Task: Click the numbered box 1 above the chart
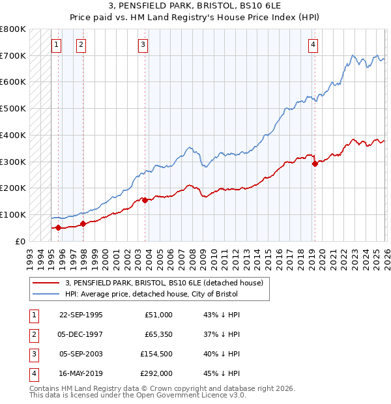[56, 45]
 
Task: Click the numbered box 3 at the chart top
[143, 45]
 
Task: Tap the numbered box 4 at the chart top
[313, 45]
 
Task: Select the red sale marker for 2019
[315, 164]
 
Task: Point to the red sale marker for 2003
[145, 200]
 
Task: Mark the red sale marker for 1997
[83, 224]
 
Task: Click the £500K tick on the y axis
[13, 108]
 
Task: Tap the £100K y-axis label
[13, 214]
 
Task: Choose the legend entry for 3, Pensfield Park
[164, 283]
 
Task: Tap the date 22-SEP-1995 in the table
[81, 315]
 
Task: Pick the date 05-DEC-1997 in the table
[81, 334]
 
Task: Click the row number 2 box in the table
[33, 334]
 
